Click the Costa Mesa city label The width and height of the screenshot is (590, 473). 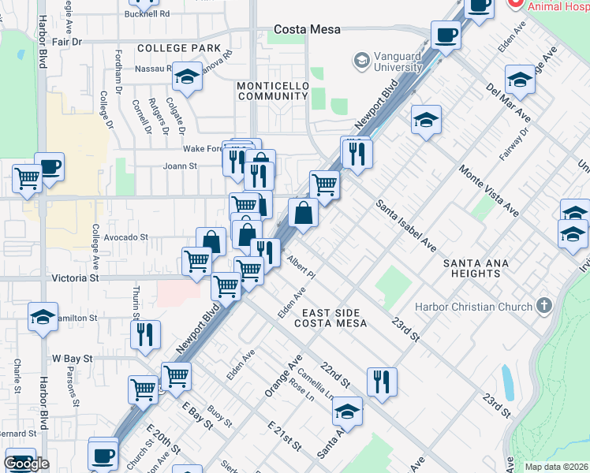coord(307,29)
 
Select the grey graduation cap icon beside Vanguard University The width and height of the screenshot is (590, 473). coord(361,61)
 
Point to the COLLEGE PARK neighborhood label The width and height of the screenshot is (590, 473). coord(178,48)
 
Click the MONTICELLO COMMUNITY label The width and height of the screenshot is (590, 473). coord(271,90)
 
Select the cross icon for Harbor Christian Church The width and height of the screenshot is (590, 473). coord(543,305)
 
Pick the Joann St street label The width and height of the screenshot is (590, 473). coord(180,166)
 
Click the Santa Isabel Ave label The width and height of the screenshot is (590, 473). coord(405,226)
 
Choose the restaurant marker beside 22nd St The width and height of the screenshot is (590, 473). coord(382,381)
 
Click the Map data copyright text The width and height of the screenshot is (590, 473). coord(557,467)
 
